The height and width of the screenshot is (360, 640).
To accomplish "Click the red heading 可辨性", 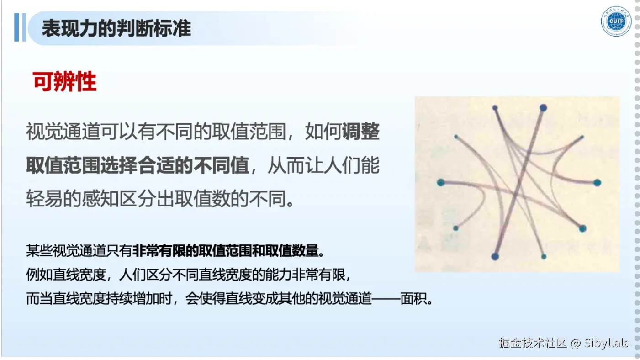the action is coord(64,82).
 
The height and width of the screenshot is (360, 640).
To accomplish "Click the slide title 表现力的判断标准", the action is coord(116,29).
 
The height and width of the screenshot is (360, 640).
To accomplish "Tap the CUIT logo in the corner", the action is coord(616,21).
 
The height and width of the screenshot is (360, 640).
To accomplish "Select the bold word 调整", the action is coord(360,132).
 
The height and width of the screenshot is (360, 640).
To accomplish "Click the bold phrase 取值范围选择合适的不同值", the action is coord(138,165).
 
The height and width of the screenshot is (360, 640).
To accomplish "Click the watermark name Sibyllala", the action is coord(607,343).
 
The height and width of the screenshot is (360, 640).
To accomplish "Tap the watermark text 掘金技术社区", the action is coord(533,343).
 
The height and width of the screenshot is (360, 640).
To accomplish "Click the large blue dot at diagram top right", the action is coord(543,108).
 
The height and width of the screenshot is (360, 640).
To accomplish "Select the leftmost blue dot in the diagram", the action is coord(441,182).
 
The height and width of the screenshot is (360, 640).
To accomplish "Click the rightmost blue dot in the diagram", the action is coord(598,183).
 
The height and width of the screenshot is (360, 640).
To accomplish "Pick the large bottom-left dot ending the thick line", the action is coord(495,256).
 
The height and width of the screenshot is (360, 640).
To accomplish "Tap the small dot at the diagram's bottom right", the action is coord(544,257).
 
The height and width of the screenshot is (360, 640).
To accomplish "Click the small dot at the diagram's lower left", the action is coord(456,228).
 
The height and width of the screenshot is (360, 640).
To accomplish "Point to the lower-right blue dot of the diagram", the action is coord(582,228).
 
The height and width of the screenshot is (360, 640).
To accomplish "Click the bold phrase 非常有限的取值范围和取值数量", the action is coord(226,251).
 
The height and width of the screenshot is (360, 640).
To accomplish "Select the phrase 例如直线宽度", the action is coord(66,275).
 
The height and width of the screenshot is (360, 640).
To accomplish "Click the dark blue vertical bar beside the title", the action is coord(16,27).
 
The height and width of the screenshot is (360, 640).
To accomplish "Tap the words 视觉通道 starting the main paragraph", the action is coord(63,132).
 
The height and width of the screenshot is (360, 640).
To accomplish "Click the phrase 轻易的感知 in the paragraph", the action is coord(72,199).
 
